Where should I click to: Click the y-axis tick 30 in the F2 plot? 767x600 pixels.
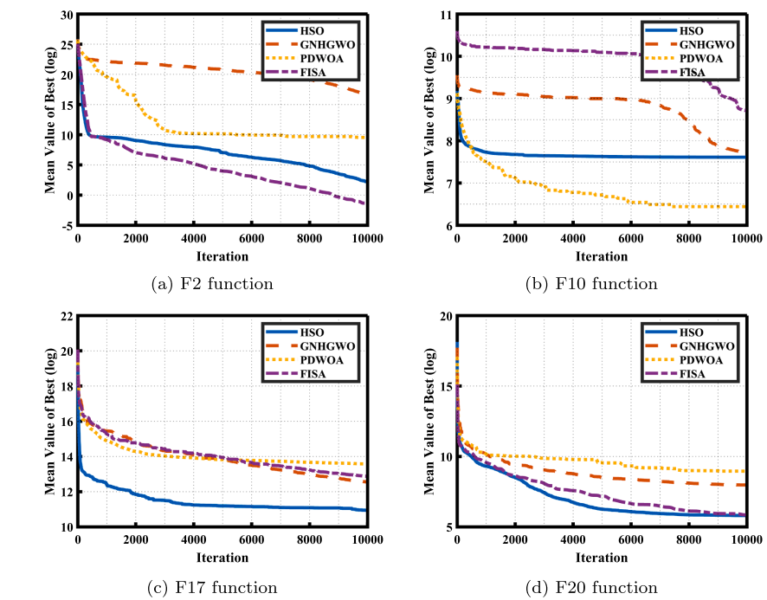[x=67, y=16]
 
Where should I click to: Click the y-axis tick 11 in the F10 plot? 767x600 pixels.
[x=446, y=16]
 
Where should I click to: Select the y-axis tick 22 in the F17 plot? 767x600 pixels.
[x=67, y=317]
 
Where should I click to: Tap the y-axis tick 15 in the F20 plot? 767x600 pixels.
[x=446, y=387]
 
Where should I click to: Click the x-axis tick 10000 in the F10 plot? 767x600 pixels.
[x=745, y=240]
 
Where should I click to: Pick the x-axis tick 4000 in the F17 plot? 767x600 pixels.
[x=194, y=540]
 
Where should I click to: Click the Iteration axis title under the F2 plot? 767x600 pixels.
[x=222, y=256]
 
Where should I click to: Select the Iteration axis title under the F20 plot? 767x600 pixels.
[x=601, y=557]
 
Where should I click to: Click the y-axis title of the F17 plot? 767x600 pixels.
[x=49, y=423]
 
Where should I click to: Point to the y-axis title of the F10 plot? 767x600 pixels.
[x=428, y=121]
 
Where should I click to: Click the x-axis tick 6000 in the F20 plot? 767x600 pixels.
[x=630, y=540]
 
